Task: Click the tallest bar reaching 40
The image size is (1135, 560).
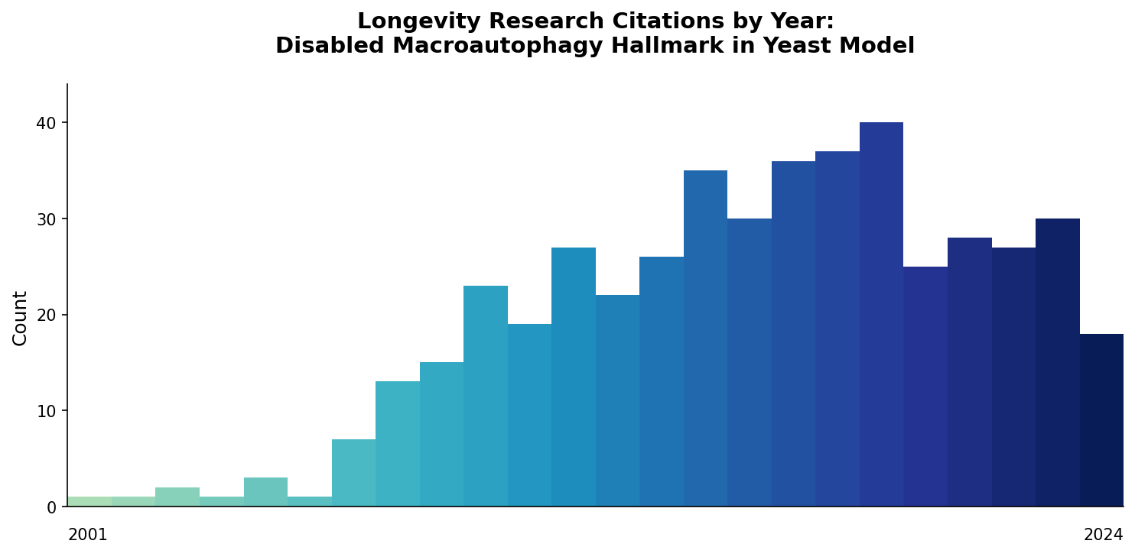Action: (881, 314)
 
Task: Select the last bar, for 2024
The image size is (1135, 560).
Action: (1101, 420)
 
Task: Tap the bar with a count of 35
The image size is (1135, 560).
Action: (705, 338)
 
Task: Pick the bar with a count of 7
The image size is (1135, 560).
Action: (353, 473)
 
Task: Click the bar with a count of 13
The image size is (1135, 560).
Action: (398, 444)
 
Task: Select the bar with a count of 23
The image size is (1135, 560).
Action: (486, 396)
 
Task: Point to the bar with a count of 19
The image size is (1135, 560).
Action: (529, 415)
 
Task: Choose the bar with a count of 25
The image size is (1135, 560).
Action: (925, 387)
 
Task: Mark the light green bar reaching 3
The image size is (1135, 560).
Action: (265, 492)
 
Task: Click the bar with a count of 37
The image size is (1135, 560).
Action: (837, 329)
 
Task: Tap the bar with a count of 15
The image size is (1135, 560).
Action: (441, 434)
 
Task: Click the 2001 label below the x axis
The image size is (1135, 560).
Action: (88, 536)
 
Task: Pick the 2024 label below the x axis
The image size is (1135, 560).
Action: (1103, 536)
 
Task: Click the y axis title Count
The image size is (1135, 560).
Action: (21, 318)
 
